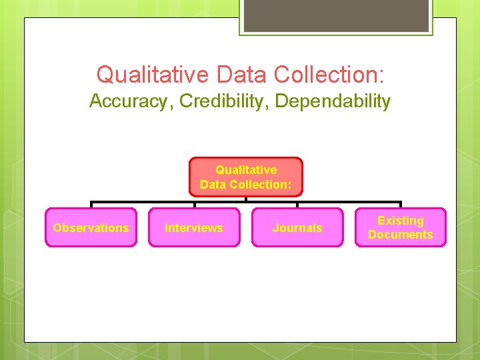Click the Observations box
click(x=91, y=227)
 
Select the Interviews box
click(x=194, y=227)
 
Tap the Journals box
click(x=297, y=227)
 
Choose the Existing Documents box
click(x=400, y=227)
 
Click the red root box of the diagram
click(x=246, y=177)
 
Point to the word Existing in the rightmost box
click(x=401, y=221)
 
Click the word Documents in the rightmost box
click(x=401, y=235)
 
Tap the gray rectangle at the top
click(x=336, y=15)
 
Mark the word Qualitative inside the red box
click(x=246, y=169)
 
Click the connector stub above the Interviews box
click(x=194, y=205)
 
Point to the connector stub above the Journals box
click(x=297, y=205)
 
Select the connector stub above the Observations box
click(x=91, y=205)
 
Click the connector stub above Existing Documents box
click(x=400, y=205)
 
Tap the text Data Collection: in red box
click(x=246, y=185)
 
